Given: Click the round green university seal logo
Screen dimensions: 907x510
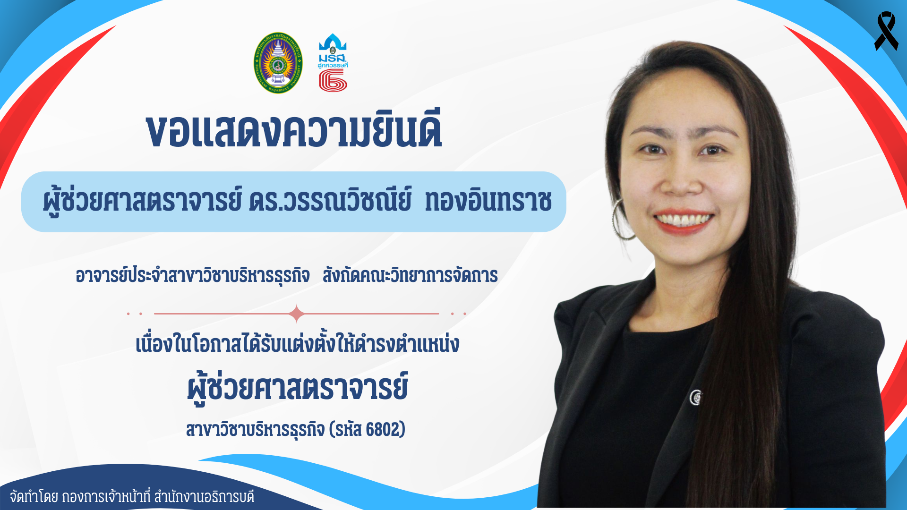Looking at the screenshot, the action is [278, 63].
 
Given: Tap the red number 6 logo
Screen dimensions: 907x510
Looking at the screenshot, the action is [333, 80].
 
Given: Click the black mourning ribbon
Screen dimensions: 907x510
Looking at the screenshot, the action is [886, 31].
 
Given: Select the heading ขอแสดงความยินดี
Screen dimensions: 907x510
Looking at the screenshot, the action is [294, 130].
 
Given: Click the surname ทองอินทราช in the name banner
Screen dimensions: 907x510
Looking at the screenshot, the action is [488, 201].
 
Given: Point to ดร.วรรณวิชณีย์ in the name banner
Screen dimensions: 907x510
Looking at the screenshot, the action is [330, 200].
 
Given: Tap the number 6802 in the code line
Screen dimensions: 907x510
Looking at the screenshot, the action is [383, 429].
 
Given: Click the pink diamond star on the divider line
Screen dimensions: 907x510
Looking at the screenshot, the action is [297, 314].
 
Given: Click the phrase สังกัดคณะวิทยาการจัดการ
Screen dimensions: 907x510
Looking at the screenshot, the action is [410, 275].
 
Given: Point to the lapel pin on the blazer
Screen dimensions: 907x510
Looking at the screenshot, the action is [695, 398].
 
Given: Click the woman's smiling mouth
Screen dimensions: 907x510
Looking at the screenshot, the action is [684, 221].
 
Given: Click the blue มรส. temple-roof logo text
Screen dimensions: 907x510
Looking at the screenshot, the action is [333, 59].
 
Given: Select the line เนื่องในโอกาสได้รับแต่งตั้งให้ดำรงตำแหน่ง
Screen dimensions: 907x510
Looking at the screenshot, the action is [297, 344].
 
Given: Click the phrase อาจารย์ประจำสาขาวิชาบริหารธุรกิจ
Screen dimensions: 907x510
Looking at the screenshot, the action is [193, 275].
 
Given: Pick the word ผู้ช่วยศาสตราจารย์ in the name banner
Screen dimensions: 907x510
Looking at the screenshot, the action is [142, 200].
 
